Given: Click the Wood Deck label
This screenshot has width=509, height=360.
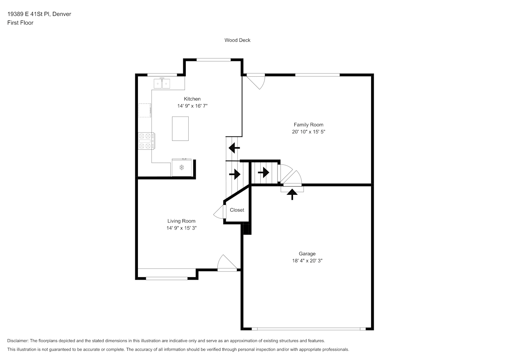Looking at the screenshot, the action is point(237,40).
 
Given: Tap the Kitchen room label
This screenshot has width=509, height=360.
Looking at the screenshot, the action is point(192,99).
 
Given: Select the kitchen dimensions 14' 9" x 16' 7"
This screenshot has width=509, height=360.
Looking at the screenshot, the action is point(192,106).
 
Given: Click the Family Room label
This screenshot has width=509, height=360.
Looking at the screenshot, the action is point(308,125).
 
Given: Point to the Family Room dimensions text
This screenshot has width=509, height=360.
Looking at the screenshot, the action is point(308,132).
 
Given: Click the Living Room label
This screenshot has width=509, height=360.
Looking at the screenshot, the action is point(181,221).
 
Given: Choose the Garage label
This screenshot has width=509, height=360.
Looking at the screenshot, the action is point(307,254).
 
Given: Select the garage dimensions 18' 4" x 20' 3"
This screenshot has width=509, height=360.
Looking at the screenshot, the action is point(307,261).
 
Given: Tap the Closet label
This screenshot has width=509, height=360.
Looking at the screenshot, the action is point(237,210).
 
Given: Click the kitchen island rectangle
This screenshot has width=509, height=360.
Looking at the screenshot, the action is point(180,129).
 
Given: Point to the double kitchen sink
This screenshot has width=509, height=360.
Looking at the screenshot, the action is point(162,84).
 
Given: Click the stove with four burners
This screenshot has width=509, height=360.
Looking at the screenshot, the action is point(147,141).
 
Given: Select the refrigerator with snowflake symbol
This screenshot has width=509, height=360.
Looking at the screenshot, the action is point(181,167).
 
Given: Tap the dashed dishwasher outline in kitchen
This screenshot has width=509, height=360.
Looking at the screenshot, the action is point(145,111).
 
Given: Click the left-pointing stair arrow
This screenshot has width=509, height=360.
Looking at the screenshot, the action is point(234,148).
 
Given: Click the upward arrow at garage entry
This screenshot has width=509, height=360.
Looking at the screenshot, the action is point(292,194).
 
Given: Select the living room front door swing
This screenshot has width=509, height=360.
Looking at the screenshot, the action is point(227,263).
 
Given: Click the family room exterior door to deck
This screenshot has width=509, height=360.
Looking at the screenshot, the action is point(256,81).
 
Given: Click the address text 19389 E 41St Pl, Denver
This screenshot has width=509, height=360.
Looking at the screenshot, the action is point(39,14).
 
